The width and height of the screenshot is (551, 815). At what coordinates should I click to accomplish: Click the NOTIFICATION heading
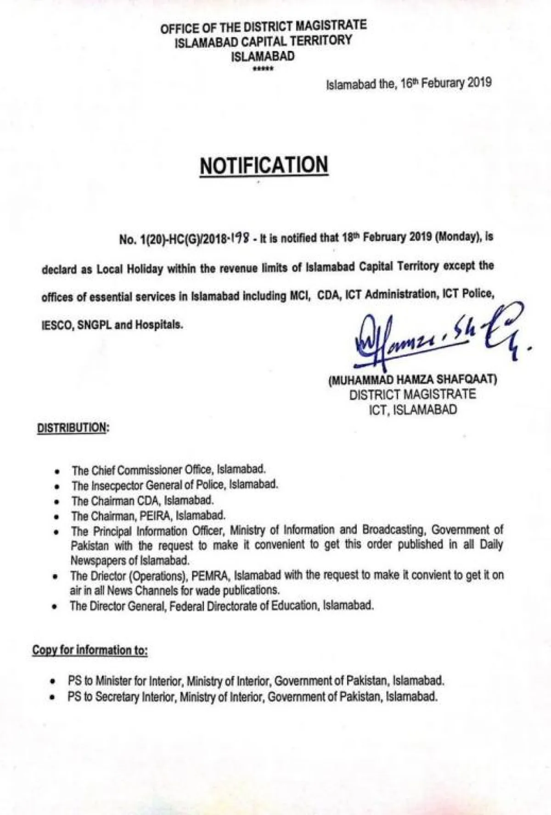[264, 165]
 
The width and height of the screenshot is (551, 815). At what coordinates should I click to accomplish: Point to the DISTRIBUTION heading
[73, 428]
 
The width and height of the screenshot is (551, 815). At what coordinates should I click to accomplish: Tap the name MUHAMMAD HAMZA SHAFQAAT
[413, 380]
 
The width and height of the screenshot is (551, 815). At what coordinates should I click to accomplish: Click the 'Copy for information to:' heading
[90, 650]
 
